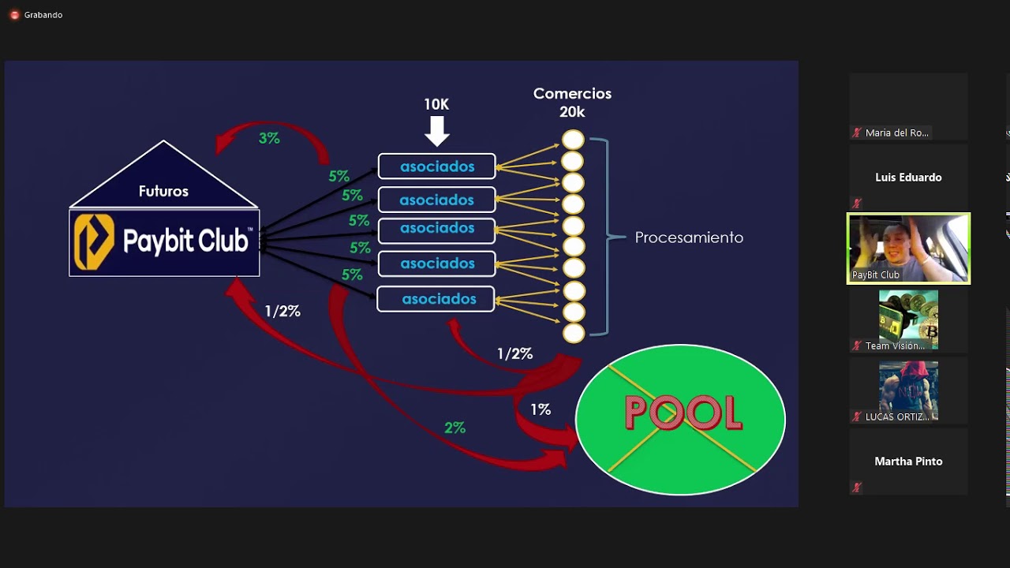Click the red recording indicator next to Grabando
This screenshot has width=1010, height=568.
tap(14, 15)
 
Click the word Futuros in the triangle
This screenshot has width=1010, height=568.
tap(163, 191)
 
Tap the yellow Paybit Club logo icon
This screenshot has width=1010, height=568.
tap(94, 242)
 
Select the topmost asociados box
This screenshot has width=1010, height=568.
tap(436, 166)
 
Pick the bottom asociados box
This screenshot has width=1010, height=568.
tap(436, 299)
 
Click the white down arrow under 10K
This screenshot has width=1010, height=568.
tap(436, 131)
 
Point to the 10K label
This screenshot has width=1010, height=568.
tap(436, 104)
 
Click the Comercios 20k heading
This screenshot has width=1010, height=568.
tap(572, 103)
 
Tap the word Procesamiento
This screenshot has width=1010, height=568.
tap(689, 237)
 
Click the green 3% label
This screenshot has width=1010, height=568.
tap(269, 138)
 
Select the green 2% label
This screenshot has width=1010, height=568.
tap(454, 428)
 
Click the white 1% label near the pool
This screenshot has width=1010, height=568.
tap(541, 409)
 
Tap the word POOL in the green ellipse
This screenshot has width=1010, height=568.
tap(683, 413)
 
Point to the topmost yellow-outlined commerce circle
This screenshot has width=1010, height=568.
tap(573, 140)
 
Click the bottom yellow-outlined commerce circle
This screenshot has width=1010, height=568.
tap(573, 333)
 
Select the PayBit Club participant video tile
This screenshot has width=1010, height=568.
tap(908, 248)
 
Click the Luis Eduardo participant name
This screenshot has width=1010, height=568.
tap(908, 177)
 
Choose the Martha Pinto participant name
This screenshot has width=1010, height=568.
tap(908, 461)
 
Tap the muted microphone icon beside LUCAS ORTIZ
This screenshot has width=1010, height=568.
tap(856, 417)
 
